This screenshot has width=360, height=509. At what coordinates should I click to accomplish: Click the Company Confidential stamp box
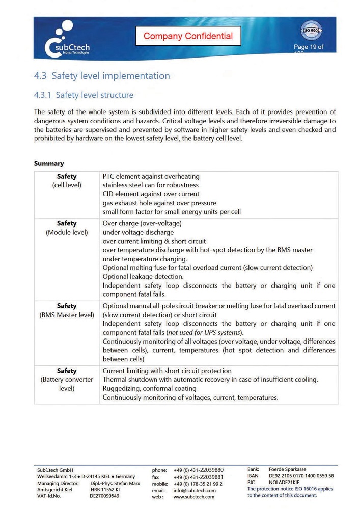188,36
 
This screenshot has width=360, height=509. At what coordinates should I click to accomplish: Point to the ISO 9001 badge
311,31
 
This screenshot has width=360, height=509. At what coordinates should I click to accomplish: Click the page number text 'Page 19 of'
308,47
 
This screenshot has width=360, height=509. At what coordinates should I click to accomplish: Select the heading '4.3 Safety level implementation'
102,76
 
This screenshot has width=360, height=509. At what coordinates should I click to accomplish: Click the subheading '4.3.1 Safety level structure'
84,95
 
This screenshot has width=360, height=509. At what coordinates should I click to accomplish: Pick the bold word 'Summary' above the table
49,163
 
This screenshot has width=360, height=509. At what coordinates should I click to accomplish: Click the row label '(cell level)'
67,185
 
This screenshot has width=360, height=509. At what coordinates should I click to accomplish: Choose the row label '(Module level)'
67,232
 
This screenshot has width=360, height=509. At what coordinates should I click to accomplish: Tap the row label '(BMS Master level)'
67,315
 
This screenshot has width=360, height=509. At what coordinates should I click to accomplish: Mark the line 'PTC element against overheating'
151,177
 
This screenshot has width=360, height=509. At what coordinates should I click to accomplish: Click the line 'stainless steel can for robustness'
151,185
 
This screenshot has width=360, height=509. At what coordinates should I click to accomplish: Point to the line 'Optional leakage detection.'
143,276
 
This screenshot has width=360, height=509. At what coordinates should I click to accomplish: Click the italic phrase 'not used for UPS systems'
204,332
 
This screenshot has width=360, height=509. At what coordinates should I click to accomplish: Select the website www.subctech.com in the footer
194,497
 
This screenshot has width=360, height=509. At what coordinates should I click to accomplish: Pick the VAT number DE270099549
104,496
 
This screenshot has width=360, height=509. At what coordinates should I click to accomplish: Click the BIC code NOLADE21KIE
284,482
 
